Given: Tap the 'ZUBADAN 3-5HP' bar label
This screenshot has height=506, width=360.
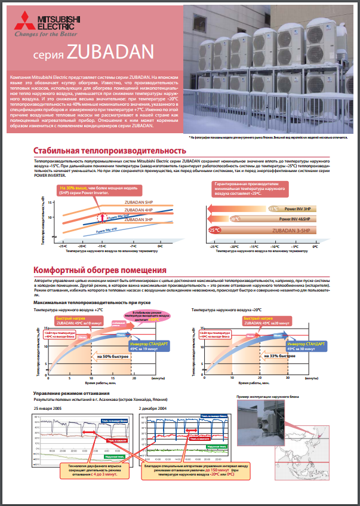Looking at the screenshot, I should tap(288, 229).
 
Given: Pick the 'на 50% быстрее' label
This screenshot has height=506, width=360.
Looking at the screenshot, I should tap(108, 357).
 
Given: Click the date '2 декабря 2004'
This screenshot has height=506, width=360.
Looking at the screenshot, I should tap(153, 407).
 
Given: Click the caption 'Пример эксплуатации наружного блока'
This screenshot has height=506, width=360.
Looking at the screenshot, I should tap(268, 396).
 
